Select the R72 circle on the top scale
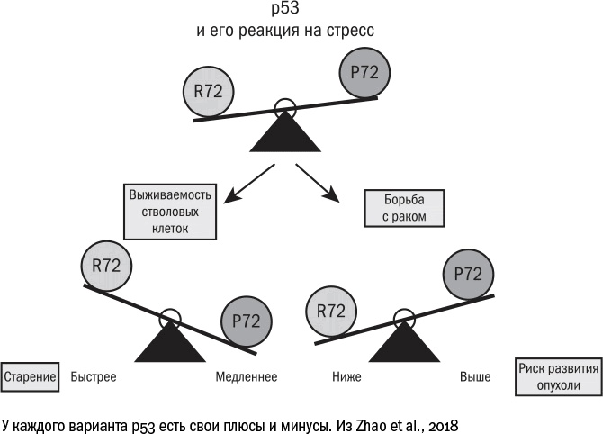[209, 90]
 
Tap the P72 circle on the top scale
[364, 73]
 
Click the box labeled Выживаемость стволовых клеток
[170, 212]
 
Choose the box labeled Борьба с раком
[406, 207]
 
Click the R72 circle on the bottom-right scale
[332, 311]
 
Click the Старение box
[30, 375]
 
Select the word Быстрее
[94, 376]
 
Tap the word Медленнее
[246, 376]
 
